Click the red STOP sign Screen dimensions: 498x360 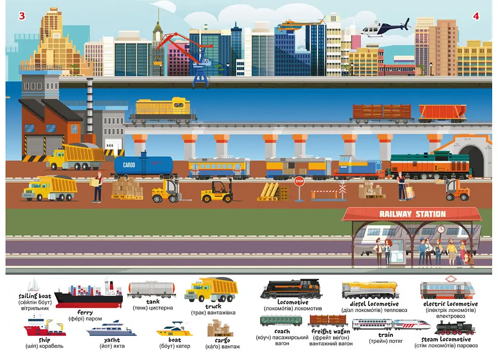point(299,181)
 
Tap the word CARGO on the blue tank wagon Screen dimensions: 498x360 point(129,165)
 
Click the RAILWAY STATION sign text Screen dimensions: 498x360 point(412,214)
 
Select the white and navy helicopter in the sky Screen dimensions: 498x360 point(386,28)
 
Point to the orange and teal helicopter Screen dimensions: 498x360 point(300,24)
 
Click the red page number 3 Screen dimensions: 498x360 point(22,16)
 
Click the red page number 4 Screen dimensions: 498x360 point(476,16)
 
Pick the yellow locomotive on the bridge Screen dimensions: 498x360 point(163,110)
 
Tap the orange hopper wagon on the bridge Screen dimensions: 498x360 point(443,113)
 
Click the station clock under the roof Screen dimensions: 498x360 point(441,229)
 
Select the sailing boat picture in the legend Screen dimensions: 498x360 point(34,285)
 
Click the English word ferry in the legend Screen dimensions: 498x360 point(85,312)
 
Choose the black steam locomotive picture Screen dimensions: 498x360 point(455,328)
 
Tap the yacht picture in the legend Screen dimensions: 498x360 point(111,328)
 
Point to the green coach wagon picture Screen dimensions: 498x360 point(281,321)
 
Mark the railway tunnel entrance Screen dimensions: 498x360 point(471,160)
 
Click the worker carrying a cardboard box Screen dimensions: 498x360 point(97,187)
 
